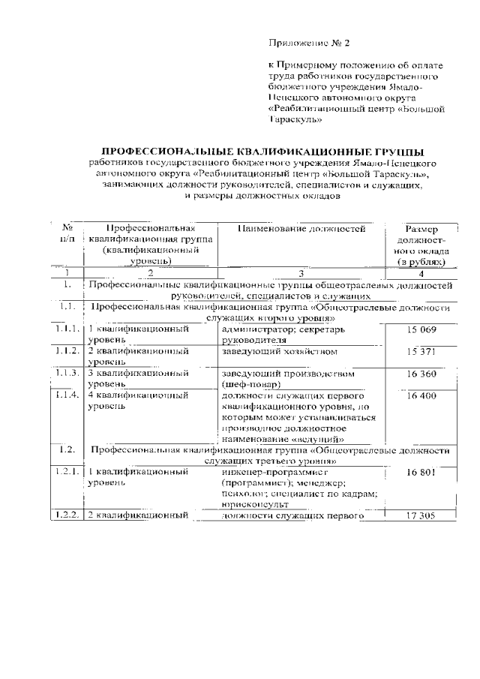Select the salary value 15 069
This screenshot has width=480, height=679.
(421, 329)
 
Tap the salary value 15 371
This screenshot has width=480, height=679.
(421, 351)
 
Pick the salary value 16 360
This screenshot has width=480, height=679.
(421, 373)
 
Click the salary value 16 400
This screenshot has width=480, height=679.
(421, 395)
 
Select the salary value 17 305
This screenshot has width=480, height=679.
(421, 515)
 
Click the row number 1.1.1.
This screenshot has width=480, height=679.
(67, 329)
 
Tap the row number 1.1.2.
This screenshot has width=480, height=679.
(67, 351)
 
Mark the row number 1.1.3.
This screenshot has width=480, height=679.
(67, 373)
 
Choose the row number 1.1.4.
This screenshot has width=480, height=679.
(67, 395)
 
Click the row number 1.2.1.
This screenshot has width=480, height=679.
(67, 472)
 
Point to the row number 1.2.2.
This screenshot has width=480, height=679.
(67, 515)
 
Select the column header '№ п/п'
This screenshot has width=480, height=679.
(67, 233)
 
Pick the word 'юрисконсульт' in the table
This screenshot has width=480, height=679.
(255, 505)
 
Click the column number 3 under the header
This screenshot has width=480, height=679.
(301, 274)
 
